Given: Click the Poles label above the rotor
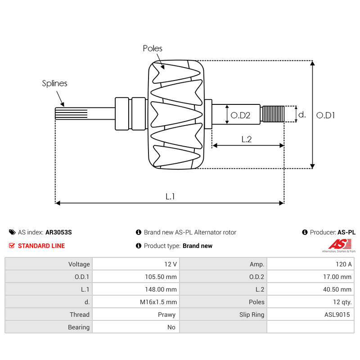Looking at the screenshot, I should click(x=153, y=48).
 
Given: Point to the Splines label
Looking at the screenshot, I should click(x=54, y=83).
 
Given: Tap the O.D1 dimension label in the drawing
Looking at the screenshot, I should click(x=325, y=115).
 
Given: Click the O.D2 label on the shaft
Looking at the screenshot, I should click(x=240, y=115).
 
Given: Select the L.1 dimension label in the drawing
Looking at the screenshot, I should click(x=170, y=196).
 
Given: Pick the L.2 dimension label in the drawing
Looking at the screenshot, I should click(x=246, y=139).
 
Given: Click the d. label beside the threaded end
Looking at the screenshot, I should click(x=302, y=115).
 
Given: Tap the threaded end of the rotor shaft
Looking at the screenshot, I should click(x=273, y=114).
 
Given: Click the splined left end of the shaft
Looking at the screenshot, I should click(x=65, y=114).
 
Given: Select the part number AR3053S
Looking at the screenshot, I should click(x=58, y=233).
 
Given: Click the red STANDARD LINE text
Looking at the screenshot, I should click(x=41, y=246).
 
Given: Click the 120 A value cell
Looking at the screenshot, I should click(x=343, y=264).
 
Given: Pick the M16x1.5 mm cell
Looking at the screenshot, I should click(x=158, y=302).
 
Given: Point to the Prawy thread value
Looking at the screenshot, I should click(x=167, y=315).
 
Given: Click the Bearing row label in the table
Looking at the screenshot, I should click(x=79, y=327).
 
